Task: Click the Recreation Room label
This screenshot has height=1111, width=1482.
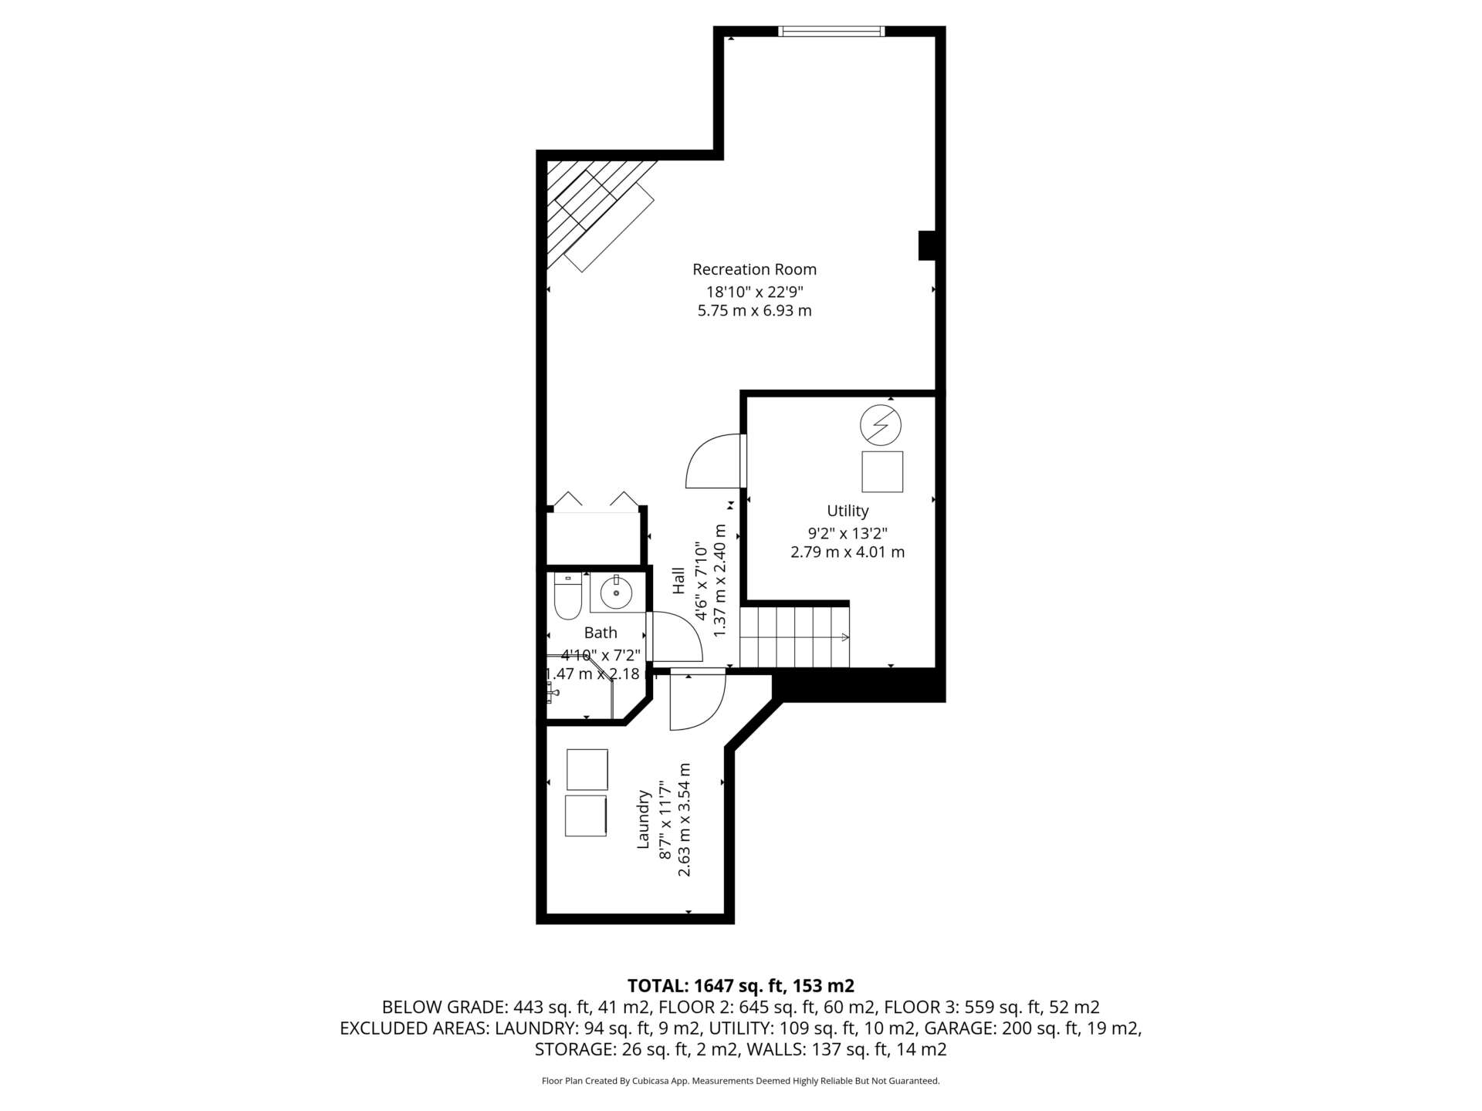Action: point(754,269)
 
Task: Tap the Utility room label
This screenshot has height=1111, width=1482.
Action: point(848,511)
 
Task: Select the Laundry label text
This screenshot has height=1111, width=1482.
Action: point(643,819)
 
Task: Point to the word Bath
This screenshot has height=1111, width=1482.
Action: point(601,633)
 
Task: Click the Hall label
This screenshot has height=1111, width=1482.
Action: point(678,581)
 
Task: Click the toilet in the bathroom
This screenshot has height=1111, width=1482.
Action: point(567,596)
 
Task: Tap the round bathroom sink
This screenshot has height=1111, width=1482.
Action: point(617,593)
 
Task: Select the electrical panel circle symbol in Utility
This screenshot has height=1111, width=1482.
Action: point(881,425)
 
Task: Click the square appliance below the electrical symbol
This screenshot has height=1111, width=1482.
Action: point(882,471)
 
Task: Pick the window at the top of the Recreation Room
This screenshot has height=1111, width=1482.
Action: point(831,31)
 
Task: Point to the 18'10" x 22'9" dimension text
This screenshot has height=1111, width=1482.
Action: point(755,292)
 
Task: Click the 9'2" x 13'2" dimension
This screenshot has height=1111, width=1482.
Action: point(848,533)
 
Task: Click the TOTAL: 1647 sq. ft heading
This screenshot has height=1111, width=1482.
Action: point(741,985)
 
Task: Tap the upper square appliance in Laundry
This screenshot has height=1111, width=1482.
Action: point(587,769)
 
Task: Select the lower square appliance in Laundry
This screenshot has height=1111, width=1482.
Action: point(586,816)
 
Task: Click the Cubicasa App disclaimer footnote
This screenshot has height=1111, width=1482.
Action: point(741,1081)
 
